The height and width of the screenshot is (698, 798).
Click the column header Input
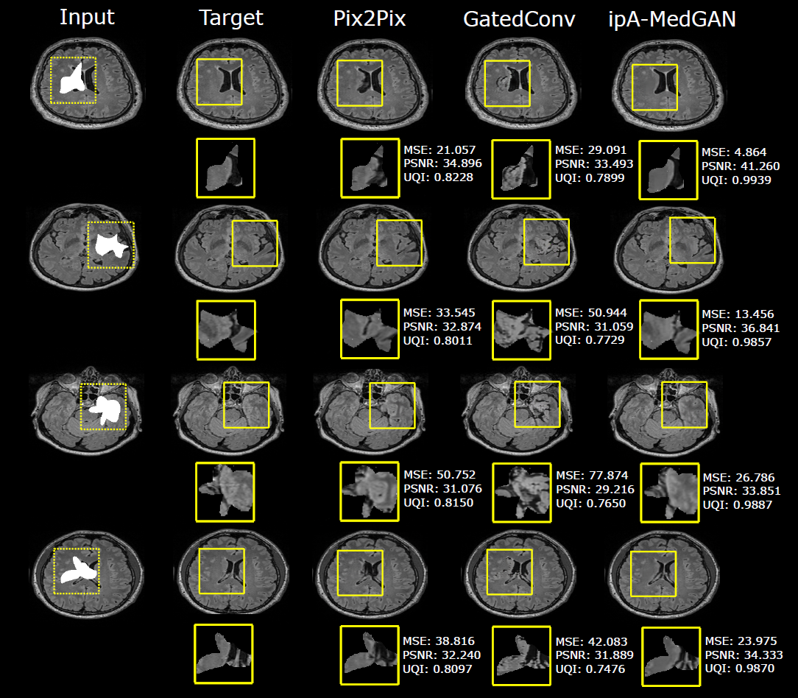point(88,18)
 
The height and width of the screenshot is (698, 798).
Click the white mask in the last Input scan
point(75,570)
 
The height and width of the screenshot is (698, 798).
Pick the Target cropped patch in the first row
point(225,168)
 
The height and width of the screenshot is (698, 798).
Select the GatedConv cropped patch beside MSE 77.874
point(521,492)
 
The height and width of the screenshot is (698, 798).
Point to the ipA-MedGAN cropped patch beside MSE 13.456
point(668,329)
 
